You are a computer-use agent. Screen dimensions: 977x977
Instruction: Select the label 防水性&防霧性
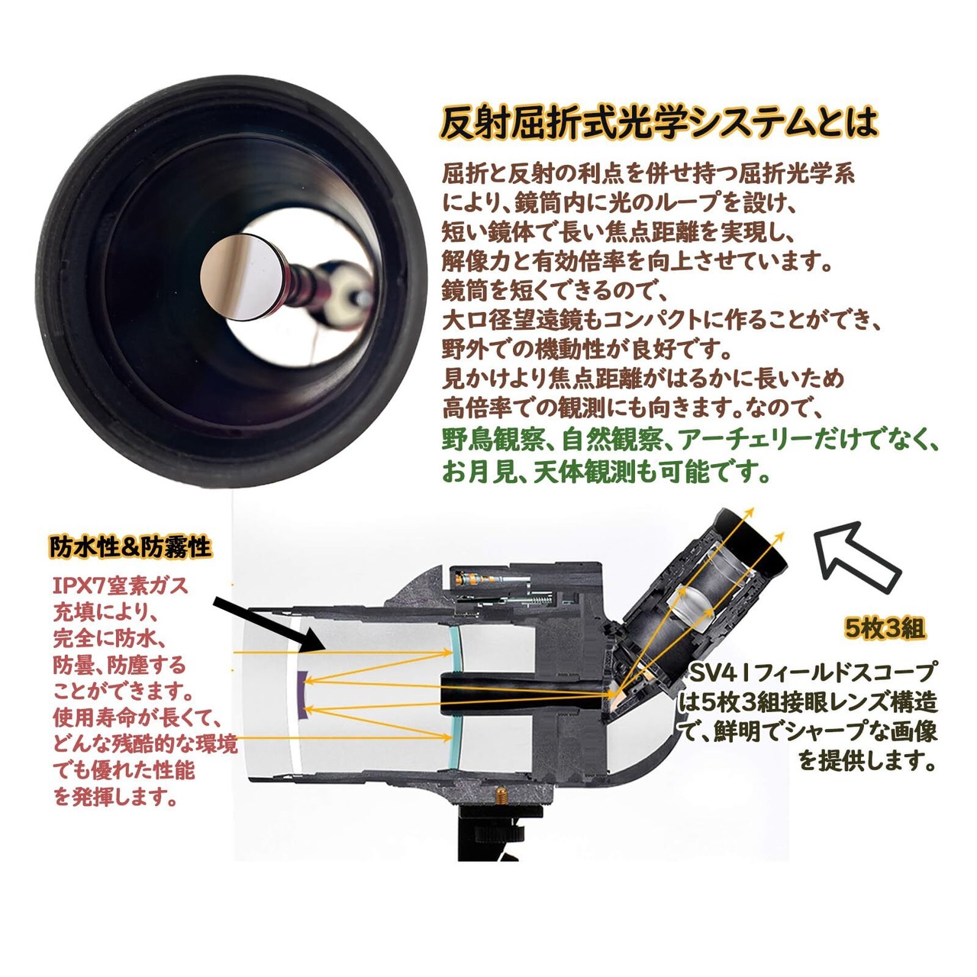tap(131, 547)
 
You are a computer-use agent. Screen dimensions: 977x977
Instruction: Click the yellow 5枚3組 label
tap(885, 628)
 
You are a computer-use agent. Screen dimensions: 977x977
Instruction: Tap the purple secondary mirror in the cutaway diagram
tap(301, 696)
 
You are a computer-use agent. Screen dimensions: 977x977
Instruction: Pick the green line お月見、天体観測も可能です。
tap(607, 473)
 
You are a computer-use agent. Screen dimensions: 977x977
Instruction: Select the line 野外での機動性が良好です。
tap(587, 350)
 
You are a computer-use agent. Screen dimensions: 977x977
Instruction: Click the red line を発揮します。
tap(117, 797)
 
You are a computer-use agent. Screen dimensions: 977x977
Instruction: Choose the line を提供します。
tap(867, 760)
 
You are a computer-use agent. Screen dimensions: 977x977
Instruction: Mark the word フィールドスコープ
tap(846, 672)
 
